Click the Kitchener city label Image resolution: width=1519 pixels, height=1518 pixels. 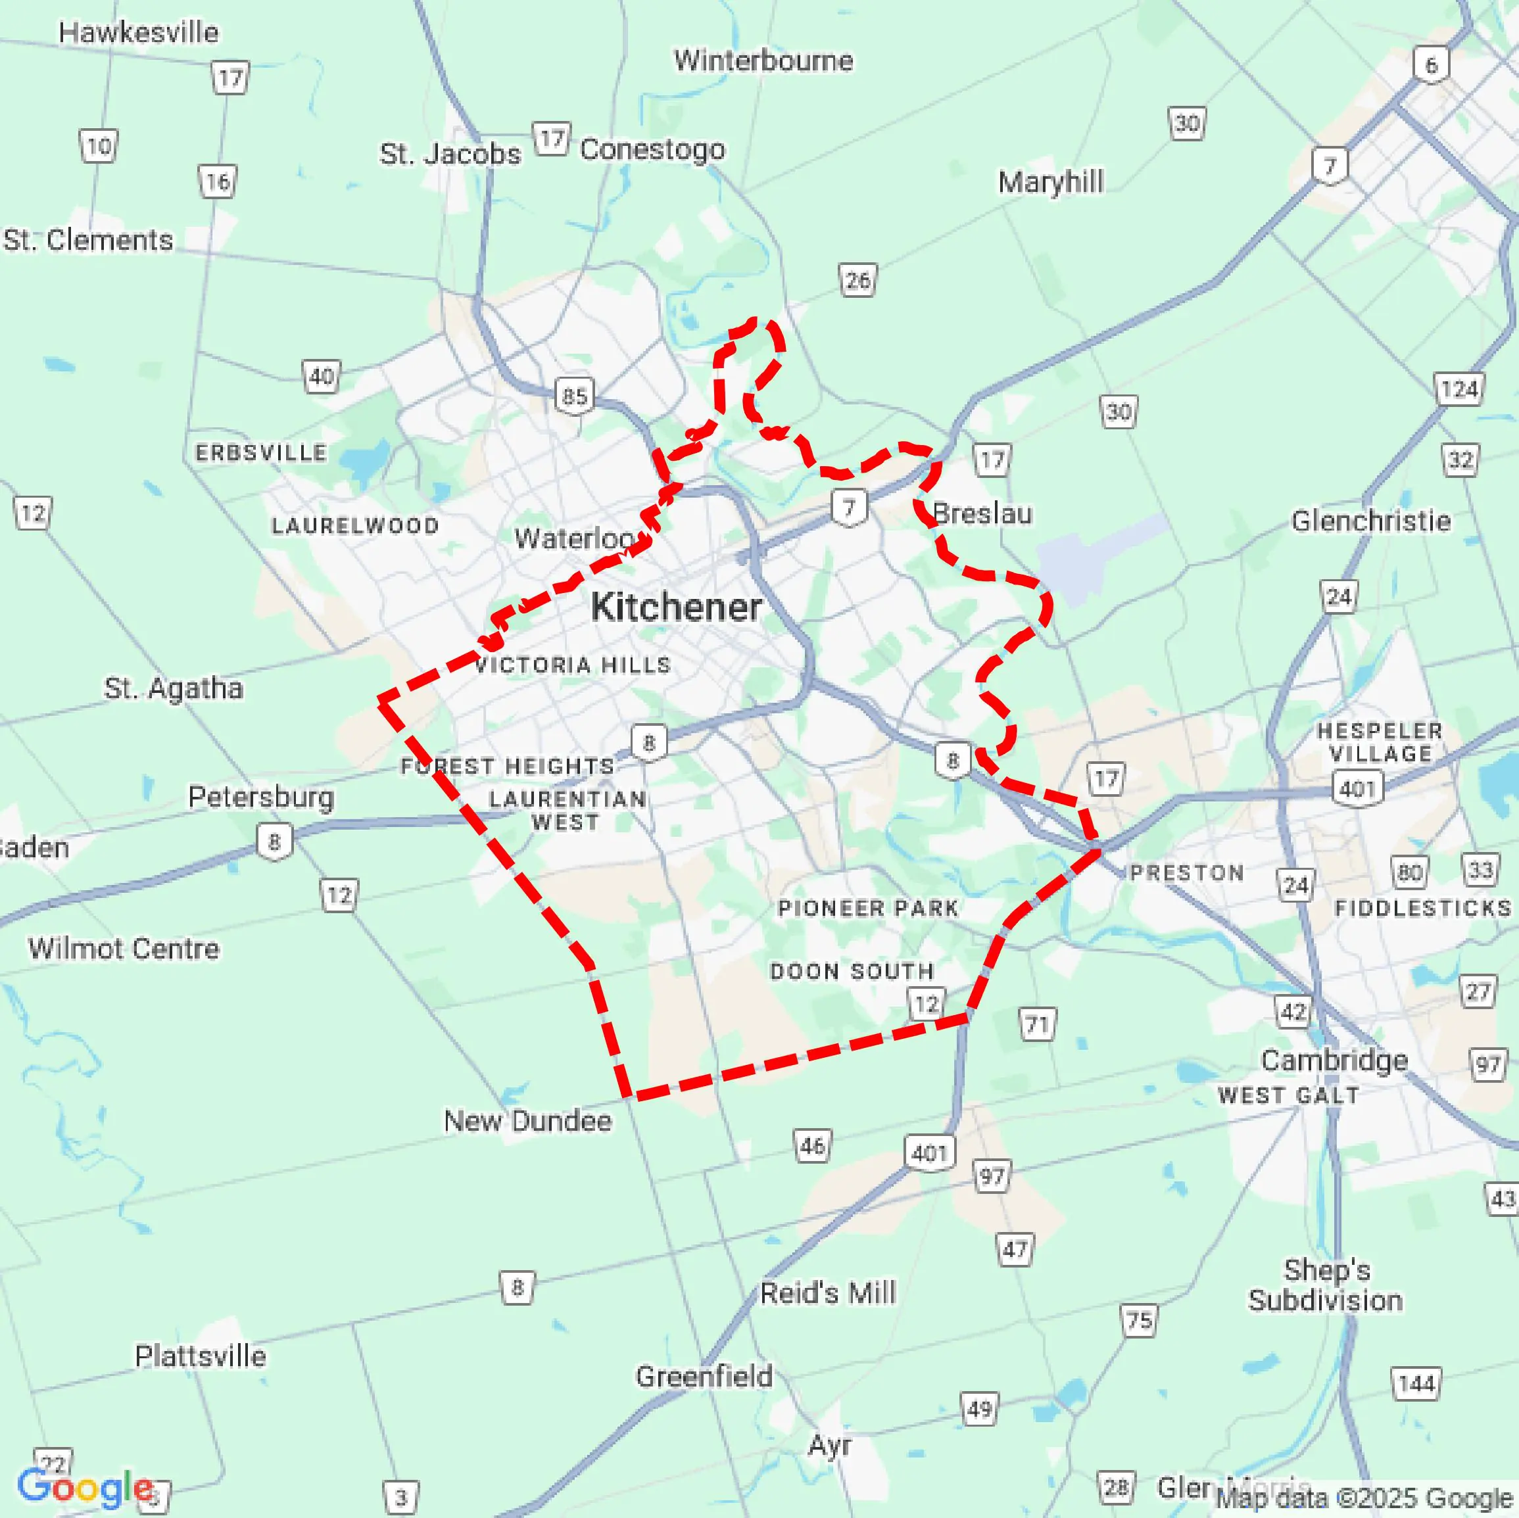[x=676, y=607]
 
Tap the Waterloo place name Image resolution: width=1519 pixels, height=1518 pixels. [x=575, y=538]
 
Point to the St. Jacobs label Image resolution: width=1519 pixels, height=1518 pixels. [x=450, y=153]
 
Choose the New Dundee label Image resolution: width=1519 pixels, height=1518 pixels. [x=527, y=1120]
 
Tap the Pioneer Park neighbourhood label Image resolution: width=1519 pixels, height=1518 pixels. [x=868, y=908]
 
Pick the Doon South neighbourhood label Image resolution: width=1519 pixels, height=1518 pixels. [x=852, y=971]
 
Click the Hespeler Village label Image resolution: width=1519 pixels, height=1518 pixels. [x=1380, y=742]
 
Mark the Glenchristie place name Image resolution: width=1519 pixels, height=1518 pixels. [x=1370, y=521]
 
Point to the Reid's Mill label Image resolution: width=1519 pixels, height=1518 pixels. [x=828, y=1293]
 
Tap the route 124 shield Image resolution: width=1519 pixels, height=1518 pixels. [x=1459, y=389]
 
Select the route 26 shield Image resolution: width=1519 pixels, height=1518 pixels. [x=857, y=280]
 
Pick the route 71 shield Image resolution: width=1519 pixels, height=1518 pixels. [x=1038, y=1024]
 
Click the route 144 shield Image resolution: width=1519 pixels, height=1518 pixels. [x=1417, y=1383]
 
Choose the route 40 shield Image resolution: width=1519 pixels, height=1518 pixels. [x=322, y=377]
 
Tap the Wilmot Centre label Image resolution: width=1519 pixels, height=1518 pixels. [x=124, y=948]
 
